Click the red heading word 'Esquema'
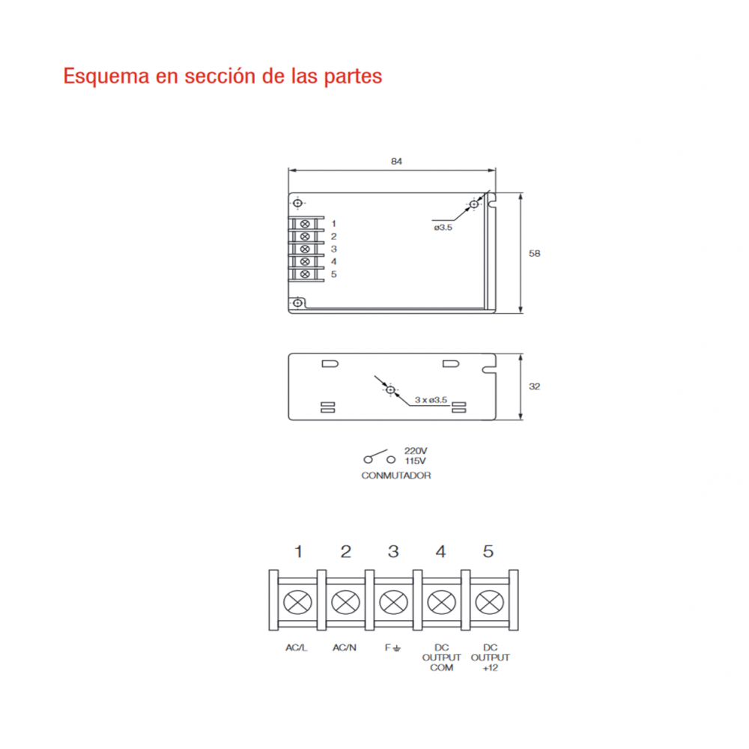(x=106, y=76)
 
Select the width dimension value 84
(x=396, y=162)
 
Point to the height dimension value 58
(x=535, y=254)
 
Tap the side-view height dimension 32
(x=535, y=386)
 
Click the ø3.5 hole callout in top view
(x=443, y=228)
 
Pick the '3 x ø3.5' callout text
(x=431, y=400)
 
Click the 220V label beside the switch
(x=416, y=450)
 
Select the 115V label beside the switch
(x=416, y=461)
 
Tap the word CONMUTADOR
(x=396, y=476)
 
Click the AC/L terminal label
(x=296, y=648)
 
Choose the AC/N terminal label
(x=345, y=648)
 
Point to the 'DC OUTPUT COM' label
(x=441, y=658)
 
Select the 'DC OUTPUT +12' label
(x=490, y=658)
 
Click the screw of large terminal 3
(x=393, y=602)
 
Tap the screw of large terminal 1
(x=297, y=602)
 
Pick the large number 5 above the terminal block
(x=488, y=552)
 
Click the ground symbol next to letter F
(x=397, y=648)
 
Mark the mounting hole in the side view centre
(x=391, y=390)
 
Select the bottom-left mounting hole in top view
(x=297, y=303)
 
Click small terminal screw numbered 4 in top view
(x=306, y=261)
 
